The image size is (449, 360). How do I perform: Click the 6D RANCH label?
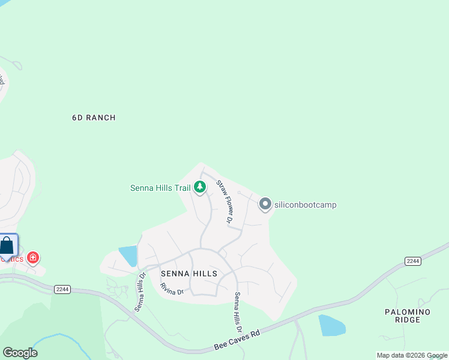coord(93,118)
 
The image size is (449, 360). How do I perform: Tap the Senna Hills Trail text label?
coord(160,188)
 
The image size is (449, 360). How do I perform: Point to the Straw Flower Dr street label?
coord(224,202)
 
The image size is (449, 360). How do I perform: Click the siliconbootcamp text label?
coord(305,205)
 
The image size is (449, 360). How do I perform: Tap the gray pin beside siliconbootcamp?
coord(265,204)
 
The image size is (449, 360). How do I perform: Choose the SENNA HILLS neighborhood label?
coord(188,274)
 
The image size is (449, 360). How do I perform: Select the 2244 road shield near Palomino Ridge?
coord(412,260)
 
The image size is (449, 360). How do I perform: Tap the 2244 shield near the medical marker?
coord(62,289)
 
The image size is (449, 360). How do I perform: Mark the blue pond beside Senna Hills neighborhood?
coord(128,256)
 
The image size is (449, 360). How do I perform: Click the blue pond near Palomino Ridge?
coord(332,325)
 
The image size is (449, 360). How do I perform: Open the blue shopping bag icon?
coord(7,246)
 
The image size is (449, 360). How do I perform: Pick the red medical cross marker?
coord(33,258)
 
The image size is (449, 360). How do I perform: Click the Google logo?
coord(20,352)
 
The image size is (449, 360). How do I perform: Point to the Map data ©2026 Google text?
coord(412,355)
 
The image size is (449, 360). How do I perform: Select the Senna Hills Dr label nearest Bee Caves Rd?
coord(238,313)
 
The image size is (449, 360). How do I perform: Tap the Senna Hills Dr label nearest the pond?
coord(140,292)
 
